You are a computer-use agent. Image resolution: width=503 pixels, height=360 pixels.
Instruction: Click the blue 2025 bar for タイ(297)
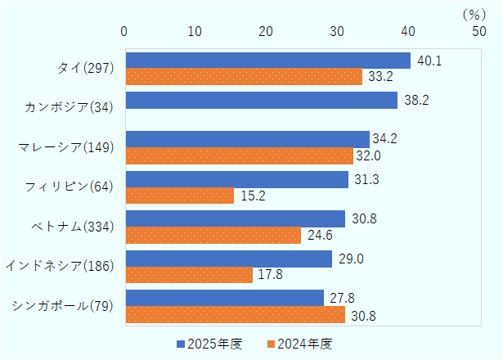(x=267, y=61)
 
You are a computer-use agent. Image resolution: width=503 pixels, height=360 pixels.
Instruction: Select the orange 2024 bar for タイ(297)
(x=243, y=78)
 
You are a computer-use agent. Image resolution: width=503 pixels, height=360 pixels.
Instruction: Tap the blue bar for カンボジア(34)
(x=261, y=101)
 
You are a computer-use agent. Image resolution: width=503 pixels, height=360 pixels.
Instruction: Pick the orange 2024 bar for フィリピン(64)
(x=179, y=196)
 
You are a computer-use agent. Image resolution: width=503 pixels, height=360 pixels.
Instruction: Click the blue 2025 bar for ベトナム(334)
(x=235, y=219)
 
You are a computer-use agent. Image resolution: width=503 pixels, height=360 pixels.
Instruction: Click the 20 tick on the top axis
(x=266, y=31)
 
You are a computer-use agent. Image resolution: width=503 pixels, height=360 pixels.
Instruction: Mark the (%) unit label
(x=474, y=14)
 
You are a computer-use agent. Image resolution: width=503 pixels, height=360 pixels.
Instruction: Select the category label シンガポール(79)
(x=63, y=306)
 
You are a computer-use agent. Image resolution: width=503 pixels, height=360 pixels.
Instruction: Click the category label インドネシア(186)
(x=59, y=266)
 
